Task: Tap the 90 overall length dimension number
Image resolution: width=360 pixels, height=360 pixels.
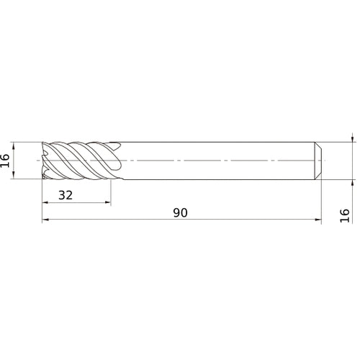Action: click(x=181, y=213)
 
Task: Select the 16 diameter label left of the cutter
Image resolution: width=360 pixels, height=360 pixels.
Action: click(x=6, y=161)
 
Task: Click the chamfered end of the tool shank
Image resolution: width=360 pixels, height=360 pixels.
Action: click(x=317, y=160)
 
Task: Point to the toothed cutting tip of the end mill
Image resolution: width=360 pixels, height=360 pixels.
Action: click(x=47, y=160)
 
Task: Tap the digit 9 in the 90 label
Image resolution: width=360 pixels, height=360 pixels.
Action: click(x=176, y=213)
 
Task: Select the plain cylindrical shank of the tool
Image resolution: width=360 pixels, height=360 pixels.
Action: click(x=216, y=160)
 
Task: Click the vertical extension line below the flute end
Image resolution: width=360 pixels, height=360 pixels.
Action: click(x=111, y=191)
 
